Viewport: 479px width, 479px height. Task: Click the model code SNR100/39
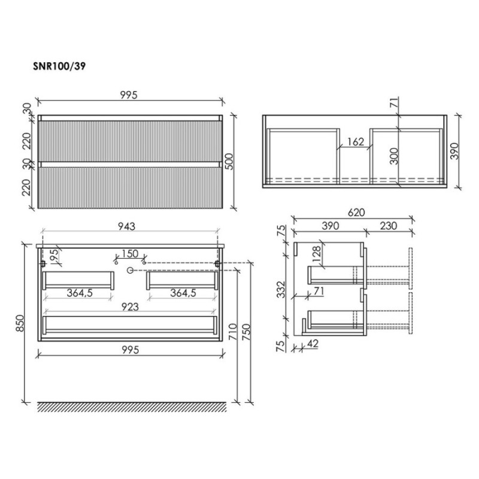pyautogui.click(x=59, y=66)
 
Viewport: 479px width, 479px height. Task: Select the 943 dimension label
pyautogui.click(x=126, y=226)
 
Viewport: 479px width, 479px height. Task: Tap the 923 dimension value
pyautogui.click(x=130, y=307)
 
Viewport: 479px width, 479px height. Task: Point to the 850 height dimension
pyautogui.click(x=20, y=323)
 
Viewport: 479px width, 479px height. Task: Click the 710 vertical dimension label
pyautogui.click(x=232, y=332)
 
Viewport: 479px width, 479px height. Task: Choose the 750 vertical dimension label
pyautogui.click(x=246, y=332)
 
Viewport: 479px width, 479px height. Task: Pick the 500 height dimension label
pyautogui.click(x=229, y=162)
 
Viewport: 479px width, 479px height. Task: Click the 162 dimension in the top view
pyautogui.click(x=356, y=142)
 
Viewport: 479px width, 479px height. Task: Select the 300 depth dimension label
pyautogui.click(x=394, y=156)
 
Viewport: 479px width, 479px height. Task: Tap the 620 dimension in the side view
pyautogui.click(x=356, y=213)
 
